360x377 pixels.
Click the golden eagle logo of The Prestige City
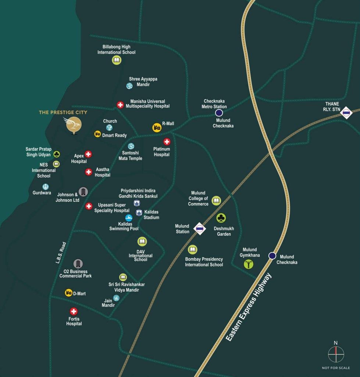[x=74, y=124]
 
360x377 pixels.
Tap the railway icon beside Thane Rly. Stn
[x=346, y=112]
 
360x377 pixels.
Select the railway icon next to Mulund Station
[x=199, y=229]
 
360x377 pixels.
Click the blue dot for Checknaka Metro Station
[x=219, y=113]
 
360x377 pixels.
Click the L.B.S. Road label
[x=61, y=253]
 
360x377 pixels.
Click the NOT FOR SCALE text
[x=336, y=368]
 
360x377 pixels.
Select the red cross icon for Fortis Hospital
[x=74, y=311]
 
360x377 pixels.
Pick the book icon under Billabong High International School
[x=117, y=60]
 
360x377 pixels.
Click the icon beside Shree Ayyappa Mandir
[x=129, y=86]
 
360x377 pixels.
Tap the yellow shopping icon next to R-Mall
[x=157, y=127]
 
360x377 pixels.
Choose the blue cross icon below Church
[x=109, y=127]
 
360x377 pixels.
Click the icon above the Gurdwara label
[x=46, y=187]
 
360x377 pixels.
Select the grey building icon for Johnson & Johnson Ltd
[x=83, y=191]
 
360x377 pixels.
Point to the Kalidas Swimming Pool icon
[x=129, y=218]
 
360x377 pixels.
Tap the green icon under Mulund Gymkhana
[x=249, y=264]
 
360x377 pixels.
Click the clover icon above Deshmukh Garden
[x=221, y=218]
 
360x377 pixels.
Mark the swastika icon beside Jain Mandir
[x=116, y=298]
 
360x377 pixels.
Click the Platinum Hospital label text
[x=161, y=152]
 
